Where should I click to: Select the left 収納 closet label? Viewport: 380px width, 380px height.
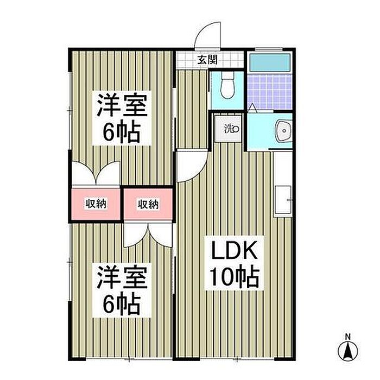tap(94, 204)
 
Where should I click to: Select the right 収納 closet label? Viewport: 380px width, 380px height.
tap(147, 204)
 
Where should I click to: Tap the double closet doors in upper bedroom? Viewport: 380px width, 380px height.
tap(95, 174)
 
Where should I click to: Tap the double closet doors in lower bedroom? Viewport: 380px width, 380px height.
tap(147, 233)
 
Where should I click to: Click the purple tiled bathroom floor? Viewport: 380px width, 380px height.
tap(269, 91)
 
